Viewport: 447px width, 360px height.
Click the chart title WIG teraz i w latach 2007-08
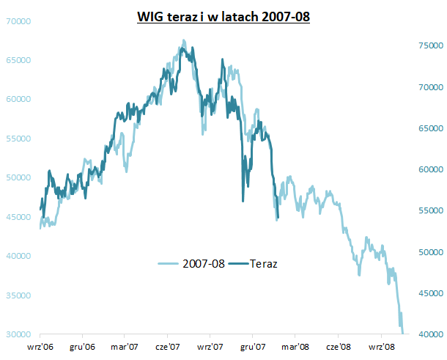pyautogui.click(x=223, y=15)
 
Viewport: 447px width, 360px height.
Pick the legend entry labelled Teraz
pyautogui.click(x=261, y=262)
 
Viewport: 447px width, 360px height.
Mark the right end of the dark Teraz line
pyautogui.click(x=277, y=218)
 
